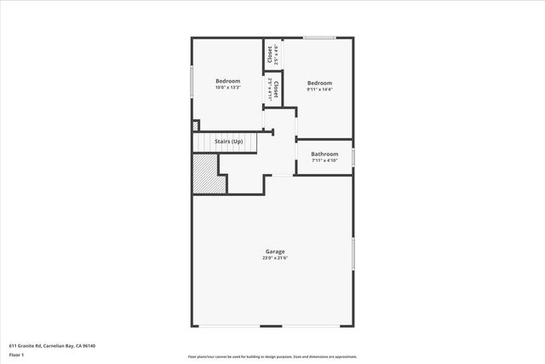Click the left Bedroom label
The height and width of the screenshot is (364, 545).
pyautogui.click(x=227, y=81)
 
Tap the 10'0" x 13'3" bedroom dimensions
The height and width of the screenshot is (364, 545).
pyautogui.click(x=227, y=87)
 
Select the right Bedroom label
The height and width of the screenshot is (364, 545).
pyautogui.click(x=319, y=84)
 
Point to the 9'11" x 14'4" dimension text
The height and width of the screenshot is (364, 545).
pyautogui.click(x=319, y=90)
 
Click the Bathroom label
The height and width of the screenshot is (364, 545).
pyautogui.click(x=324, y=153)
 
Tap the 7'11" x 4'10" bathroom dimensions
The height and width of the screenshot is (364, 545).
pyautogui.click(x=324, y=159)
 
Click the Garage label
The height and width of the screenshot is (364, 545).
pyautogui.click(x=275, y=251)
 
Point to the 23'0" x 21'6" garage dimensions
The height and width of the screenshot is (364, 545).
pyautogui.click(x=275, y=257)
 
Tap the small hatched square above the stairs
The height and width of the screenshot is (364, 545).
pyautogui.click(x=195, y=125)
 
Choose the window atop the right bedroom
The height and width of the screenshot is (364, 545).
pyautogui.click(x=319, y=38)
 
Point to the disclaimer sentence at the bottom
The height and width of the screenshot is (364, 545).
pyautogui.click(x=272, y=356)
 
